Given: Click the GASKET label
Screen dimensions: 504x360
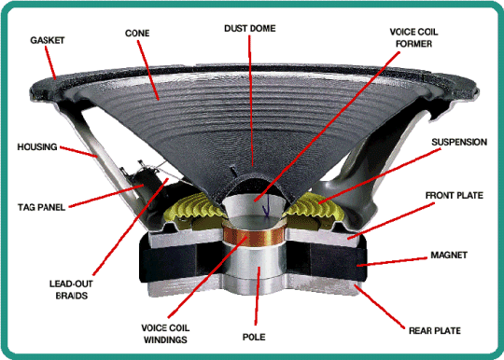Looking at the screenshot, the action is click(x=48, y=40).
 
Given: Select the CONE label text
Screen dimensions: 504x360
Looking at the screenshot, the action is click(x=137, y=33).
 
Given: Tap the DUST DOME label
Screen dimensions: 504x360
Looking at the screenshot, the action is click(x=250, y=28).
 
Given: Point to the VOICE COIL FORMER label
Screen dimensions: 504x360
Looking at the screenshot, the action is click(x=413, y=37).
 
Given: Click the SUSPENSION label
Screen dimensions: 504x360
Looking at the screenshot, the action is click(x=459, y=142).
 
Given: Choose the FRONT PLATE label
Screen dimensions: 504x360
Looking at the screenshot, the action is click(x=455, y=195).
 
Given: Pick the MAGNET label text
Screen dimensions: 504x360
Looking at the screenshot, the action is click(x=449, y=255).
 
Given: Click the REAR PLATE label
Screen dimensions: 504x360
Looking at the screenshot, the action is click(x=435, y=330).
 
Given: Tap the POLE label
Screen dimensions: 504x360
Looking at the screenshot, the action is click(x=254, y=337).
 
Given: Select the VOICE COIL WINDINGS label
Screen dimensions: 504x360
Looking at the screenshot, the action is click(x=165, y=334).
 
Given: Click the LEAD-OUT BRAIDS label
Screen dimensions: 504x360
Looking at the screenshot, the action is click(x=71, y=290).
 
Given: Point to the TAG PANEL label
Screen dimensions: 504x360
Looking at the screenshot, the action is click(x=41, y=207).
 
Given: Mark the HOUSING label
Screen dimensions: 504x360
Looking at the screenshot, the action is click(x=37, y=146).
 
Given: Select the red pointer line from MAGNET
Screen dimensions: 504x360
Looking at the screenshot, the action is click(x=392, y=261).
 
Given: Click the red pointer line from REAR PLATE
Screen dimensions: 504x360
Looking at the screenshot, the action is click(x=379, y=306).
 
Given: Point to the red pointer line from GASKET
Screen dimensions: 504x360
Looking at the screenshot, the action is click(x=50, y=62).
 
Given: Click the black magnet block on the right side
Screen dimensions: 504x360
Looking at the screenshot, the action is click(x=338, y=262).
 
